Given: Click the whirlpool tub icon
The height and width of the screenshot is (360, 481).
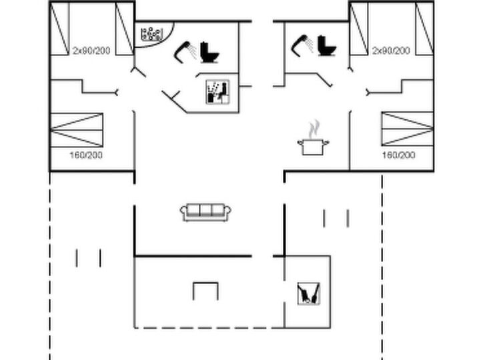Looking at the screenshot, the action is [x=151, y=35].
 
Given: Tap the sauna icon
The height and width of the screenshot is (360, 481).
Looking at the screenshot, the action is [x=217, y=92].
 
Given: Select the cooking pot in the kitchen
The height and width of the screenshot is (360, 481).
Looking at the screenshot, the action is [x=313, y=147].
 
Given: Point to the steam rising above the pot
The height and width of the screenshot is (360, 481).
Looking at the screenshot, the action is [x=314, y=129].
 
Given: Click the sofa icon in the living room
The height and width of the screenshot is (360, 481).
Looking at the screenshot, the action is [x=205, y=212].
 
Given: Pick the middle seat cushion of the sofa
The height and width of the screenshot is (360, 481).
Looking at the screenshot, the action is [x=205, y=210].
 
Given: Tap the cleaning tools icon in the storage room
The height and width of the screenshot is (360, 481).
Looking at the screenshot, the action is [x=309, y=293].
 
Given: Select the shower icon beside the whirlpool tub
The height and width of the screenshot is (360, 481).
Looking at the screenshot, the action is [x=185, y=52].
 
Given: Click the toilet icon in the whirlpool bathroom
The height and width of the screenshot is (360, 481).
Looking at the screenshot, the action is [x=210, y=53].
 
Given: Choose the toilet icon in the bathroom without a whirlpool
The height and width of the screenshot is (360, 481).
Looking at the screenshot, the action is [x=327, y=46].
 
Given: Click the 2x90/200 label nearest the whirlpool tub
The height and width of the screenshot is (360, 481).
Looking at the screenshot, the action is [x=91, y=51].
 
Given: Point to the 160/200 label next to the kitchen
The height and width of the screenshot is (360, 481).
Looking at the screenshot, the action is [x=399, y=155].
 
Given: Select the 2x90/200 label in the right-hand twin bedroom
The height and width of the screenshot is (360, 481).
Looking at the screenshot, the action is [x=391, y=51].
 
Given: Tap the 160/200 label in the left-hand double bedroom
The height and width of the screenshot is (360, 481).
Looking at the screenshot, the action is [x=86, y=155].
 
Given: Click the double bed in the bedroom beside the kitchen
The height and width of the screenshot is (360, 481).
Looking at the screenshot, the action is [x=408, y=129].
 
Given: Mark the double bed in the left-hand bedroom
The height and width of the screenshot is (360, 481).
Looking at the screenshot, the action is [x=76, y=130].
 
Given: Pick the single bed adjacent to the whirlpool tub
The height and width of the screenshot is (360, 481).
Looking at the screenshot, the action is [x=125, y=29].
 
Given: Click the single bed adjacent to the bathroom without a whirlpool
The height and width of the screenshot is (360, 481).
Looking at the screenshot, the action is [x=359, y=29].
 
